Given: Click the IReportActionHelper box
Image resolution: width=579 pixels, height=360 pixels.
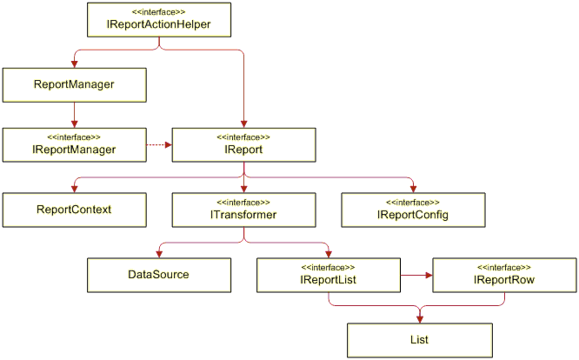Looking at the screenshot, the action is pos(159,20).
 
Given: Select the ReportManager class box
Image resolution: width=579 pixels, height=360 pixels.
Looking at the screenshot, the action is pos(74,85).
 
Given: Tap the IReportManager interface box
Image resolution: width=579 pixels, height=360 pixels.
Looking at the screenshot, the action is pos(74,144).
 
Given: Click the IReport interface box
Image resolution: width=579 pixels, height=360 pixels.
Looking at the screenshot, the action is pos(243,144).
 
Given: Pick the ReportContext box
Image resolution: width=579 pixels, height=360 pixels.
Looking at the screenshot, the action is pos(74,210).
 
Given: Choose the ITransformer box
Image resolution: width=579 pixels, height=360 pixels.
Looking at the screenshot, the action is pos(243,210).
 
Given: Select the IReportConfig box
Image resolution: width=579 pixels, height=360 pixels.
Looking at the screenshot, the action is pos(413,210).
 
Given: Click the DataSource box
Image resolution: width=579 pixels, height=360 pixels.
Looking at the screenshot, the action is pos(159,275).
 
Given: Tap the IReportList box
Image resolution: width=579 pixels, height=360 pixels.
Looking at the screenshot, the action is pos(329,275).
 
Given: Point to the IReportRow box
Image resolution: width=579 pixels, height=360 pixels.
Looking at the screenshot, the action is pos(504,275).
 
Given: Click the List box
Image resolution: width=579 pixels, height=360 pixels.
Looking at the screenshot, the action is pos(420,340).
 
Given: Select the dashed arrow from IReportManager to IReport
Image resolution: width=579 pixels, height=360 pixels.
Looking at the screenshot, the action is pos(159,144).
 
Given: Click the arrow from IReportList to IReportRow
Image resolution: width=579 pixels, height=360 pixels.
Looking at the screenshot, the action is pos(416,275).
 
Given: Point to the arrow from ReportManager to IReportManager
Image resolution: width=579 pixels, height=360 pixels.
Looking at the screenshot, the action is pos(74,115).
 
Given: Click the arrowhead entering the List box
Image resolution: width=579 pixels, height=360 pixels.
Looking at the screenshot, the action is pos(420,320).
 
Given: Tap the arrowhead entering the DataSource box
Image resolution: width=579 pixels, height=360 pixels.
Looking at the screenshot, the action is pos(159,255).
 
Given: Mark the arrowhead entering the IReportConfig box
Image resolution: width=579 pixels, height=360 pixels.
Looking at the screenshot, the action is pos(413,189).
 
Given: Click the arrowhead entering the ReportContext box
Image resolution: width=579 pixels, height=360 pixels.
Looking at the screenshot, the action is pos(74,189).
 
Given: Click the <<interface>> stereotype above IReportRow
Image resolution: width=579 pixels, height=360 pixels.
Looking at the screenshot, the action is pos(504,267).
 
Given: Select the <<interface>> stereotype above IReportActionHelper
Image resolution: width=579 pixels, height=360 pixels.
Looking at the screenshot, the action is pos(159,12).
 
